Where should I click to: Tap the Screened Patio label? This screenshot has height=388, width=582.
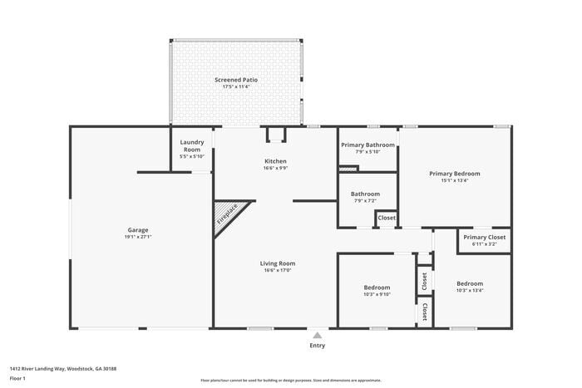236,80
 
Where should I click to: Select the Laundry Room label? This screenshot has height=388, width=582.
192,145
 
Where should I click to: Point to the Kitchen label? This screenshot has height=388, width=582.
275,161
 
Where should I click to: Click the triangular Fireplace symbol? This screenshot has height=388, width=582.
229,214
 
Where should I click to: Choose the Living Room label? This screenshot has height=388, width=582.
279,263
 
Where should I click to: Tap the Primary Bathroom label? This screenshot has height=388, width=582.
367,145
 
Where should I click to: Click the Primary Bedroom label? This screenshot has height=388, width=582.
454,174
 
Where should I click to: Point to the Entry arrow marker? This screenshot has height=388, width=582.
317,336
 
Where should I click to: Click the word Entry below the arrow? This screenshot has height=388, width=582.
318,346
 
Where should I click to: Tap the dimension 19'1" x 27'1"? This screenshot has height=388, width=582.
138,237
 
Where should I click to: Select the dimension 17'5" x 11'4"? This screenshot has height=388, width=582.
236,86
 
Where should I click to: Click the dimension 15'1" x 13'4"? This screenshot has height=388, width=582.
454,180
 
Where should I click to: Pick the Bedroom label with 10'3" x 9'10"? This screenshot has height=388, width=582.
377,287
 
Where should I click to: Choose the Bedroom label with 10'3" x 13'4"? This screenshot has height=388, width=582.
469,283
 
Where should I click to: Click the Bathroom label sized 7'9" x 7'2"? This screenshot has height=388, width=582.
365,194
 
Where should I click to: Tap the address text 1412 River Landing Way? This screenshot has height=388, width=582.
63,368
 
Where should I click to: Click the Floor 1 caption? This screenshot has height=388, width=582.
17,379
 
